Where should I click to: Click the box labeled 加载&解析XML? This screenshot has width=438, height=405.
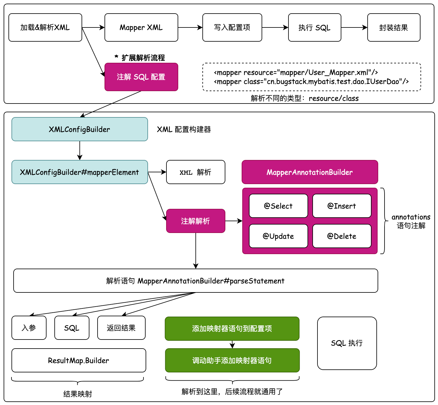[x=45, y=27]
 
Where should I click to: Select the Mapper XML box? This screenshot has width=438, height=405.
[x=141, y=27]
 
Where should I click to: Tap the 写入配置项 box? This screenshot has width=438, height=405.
[x=232, y=27]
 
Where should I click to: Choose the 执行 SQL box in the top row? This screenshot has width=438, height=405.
[x=314, y=27]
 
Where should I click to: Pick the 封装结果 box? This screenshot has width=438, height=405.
[x=394, y=27]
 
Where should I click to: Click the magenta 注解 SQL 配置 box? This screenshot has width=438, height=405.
[x=141, y=77]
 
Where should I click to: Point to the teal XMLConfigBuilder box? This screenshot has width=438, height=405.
[x=79, y=129]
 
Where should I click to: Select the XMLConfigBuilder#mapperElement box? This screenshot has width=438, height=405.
[x=79, y=172]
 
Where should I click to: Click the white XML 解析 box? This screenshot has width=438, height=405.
[x=195, y=172]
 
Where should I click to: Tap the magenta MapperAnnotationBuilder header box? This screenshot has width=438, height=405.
[x=310, y=172]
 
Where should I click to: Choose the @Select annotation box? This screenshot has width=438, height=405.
[x=278, y=206]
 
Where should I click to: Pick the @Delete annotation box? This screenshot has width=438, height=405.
[x=342, y=236]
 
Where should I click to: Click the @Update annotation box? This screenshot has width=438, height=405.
[x=278, y=236]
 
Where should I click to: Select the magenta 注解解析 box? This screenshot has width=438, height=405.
[x=195, y=221]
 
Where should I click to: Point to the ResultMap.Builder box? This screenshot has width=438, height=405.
[x=79, y=360]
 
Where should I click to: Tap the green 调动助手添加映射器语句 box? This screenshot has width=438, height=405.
[x=232, y=360]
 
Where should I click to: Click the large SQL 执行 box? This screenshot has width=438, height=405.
[x=347, y=343]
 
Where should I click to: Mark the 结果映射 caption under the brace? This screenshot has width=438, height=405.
[x=78, y=394]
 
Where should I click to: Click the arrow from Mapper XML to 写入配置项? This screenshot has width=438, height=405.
[x=190, y=27]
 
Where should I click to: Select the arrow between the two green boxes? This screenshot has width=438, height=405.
[x=232, y=344]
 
